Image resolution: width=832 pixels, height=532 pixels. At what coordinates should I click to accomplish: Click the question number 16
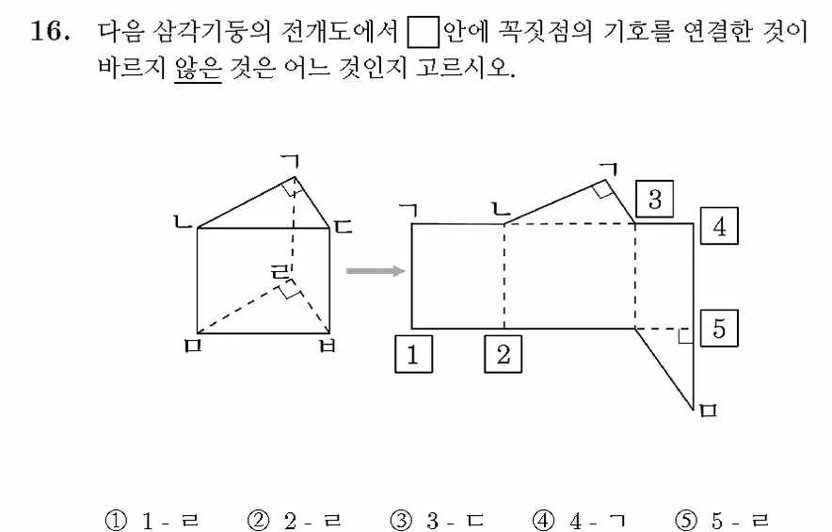point(49,31)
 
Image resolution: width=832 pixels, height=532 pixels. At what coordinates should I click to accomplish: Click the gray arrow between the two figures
point(376,271)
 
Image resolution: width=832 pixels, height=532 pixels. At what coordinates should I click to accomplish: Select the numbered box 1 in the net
point(413,354)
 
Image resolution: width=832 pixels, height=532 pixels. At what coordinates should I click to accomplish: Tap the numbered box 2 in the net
point(503,354)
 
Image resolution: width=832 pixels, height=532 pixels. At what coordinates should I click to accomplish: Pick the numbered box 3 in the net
point(655,199)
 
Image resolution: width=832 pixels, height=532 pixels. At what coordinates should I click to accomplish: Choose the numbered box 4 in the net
point(719,226)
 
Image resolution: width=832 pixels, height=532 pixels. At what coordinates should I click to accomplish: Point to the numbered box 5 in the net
point(719,328)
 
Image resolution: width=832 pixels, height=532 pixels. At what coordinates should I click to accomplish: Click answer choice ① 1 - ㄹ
point(152,521)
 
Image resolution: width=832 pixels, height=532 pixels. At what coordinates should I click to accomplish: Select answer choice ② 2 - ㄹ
point(294,521)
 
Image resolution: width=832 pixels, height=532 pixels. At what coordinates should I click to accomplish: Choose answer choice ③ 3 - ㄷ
point(437,521)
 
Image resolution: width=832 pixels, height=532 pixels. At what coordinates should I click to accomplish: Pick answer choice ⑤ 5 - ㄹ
point(722,521)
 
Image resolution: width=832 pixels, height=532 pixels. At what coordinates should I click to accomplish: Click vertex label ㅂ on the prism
point(328,347)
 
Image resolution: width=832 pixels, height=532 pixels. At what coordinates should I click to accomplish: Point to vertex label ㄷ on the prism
point(344,227)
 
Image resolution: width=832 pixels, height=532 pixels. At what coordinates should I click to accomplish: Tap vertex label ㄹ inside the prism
point(280,272)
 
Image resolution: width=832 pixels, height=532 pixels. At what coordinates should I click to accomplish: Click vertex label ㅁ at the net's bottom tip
point(709,411)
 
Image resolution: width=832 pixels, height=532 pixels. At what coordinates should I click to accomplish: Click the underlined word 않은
point(198,68)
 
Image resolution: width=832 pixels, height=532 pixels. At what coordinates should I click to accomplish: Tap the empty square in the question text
point(423,32)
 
